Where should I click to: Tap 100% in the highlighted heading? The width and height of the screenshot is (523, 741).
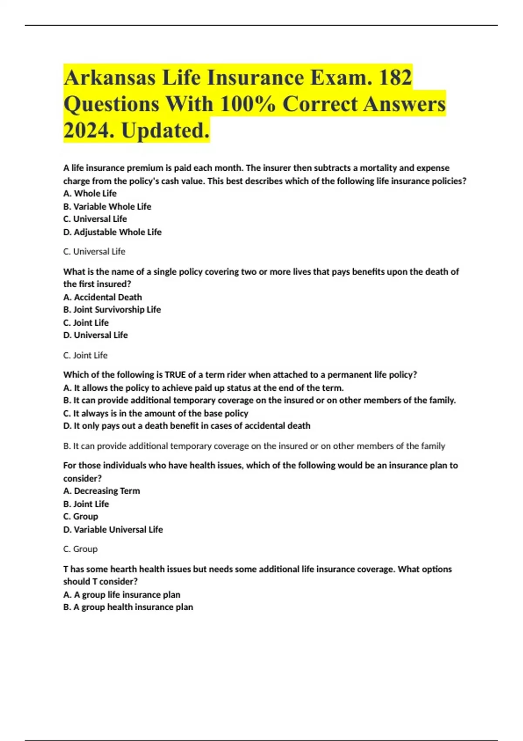[x=248, y=104]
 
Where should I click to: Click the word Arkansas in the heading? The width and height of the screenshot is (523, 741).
[x=109, y=78]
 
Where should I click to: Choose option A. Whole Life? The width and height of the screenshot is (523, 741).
[x=90, y=194]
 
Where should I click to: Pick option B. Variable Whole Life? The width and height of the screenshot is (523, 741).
[x=107, y=207]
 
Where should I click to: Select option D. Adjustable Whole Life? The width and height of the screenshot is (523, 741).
[x=112, y=232]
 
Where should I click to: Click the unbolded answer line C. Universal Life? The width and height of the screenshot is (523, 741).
[x=94, y=252]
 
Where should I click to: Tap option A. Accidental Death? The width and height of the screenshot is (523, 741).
[x=102, y=297]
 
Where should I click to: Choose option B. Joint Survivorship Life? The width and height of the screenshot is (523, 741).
[x=112, y=310]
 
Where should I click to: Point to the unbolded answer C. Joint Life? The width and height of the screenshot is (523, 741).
[x=85, y=355]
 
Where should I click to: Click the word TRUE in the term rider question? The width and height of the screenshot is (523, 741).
[x=177, y=375]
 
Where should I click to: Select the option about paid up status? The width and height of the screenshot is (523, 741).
[x=204, y=388]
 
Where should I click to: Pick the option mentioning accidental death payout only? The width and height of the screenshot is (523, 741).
[x=187, y=426]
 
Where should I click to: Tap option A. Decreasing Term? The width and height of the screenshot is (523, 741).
[x=102, y=491]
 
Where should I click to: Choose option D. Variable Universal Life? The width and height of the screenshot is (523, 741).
[x=113, y=530]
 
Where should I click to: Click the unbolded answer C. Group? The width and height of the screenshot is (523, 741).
[x=80, y=549]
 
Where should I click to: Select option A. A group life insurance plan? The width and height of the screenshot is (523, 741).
[x=122, y=595]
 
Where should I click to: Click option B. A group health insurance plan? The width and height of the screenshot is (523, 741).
[x=128, y=607]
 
